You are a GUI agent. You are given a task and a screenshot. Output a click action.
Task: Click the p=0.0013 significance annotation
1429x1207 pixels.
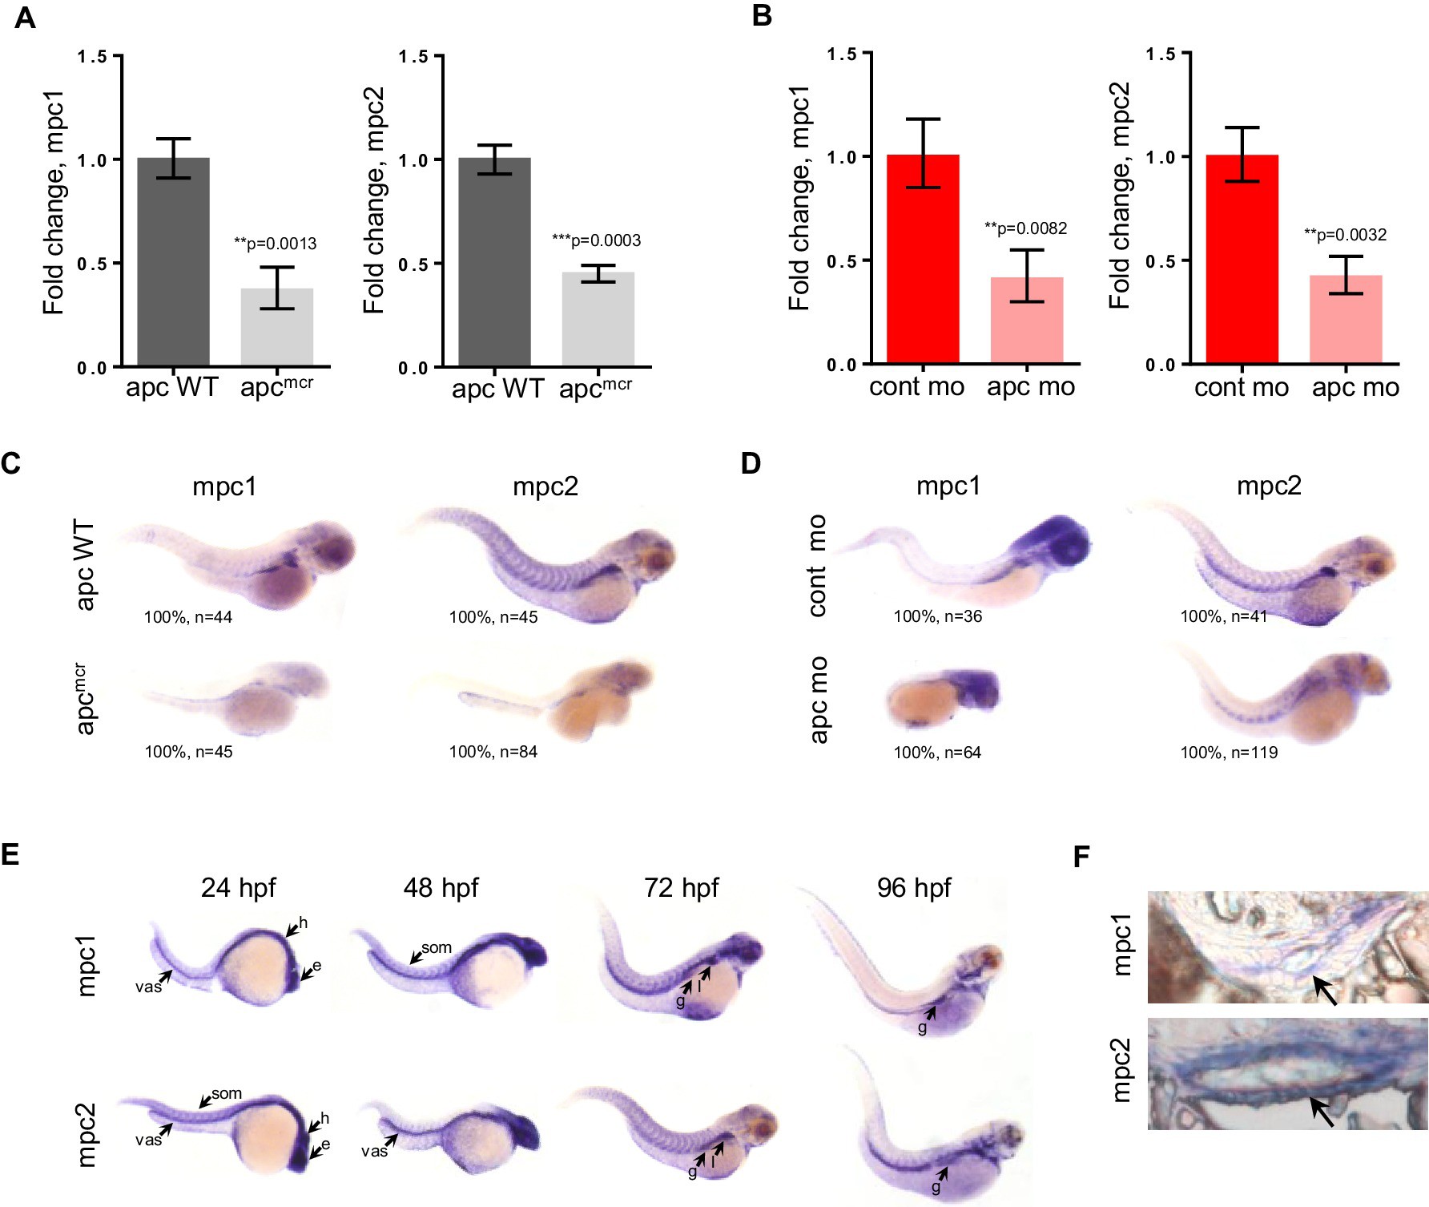click(x=275, y=244)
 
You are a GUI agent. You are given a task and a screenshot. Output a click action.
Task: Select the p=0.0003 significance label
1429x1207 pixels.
click(x=596, y=240)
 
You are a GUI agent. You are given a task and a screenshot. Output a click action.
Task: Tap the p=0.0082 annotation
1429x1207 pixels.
click(x=1025, y=228)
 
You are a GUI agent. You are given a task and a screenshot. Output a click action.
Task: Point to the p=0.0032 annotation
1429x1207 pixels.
click(x=1345, y=235)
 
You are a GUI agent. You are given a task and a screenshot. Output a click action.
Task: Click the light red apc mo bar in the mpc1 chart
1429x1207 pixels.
click(x=1027, y=321)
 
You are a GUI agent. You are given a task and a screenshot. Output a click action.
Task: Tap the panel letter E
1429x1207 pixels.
click(x=10, y=854)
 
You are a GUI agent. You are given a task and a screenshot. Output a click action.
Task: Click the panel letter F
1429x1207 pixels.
click(x=1081, y=858)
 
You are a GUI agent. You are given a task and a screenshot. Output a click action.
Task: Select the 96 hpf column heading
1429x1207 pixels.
click(x=913, y=888)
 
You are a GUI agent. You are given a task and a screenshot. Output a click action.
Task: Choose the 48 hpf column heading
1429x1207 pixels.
click(x=441, y=888)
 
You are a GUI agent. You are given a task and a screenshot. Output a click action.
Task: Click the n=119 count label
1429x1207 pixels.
click(x=1229, y=753)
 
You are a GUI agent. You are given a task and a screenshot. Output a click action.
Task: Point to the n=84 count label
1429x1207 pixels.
click(x=493, y=752)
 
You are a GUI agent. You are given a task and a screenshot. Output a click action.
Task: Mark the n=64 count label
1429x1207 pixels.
click(x=937, y=753)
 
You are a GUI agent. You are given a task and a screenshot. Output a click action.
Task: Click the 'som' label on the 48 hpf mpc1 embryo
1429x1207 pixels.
click(x=437, y=947)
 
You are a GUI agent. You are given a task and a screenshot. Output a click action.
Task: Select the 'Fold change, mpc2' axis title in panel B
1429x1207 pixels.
click(x=1119, y=196)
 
